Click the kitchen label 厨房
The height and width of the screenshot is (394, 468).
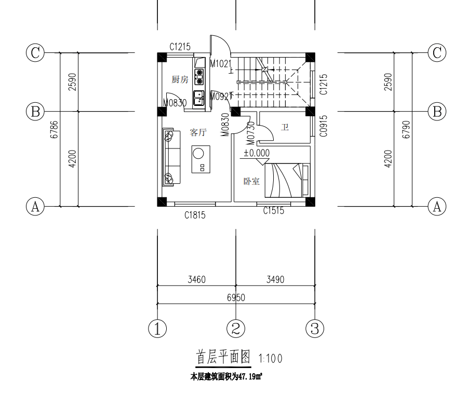tap(179, 79)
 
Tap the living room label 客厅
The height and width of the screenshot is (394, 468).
tap(198, 132)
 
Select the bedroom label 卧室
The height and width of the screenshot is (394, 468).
tap(252, 182)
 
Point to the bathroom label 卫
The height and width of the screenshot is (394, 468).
tap(285, 127)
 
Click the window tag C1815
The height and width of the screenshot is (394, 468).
tap(195, 215)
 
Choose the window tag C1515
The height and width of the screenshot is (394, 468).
tap(274, 211)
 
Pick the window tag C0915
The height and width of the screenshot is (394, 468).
tap(324, 125)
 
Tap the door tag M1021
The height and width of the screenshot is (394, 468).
tap(220, 63)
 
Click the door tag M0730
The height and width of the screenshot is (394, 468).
tap(250, 133)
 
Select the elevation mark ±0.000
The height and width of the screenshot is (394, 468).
tap(257, 153)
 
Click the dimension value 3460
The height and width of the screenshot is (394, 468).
tap(196, 280)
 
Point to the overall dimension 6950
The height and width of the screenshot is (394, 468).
tap(236, 297)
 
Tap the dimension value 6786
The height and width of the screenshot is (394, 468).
tap(54, 129)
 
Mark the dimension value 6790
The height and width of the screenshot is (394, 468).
tap(406, 129)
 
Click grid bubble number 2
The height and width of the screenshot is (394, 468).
tap(236, 329)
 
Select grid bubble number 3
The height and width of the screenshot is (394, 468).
tap(315, 329)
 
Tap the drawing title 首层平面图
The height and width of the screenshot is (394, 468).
tap(223, 357)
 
